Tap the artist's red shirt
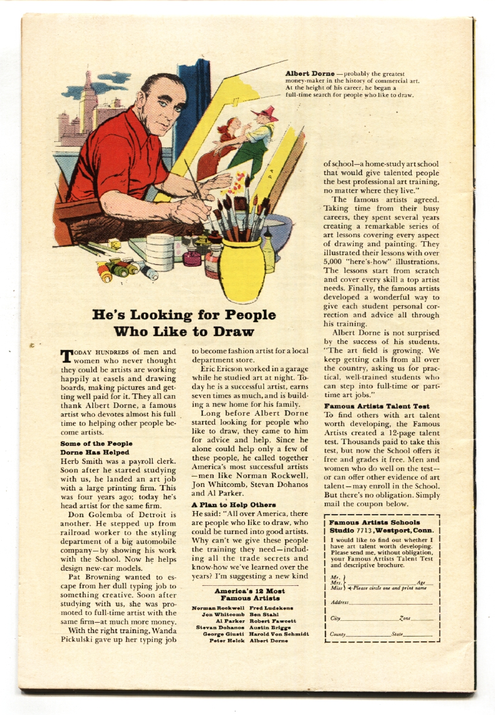115,157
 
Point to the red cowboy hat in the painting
264,113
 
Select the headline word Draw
232,331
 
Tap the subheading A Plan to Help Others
234,504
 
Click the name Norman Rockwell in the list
218,607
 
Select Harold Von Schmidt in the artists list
279,634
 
